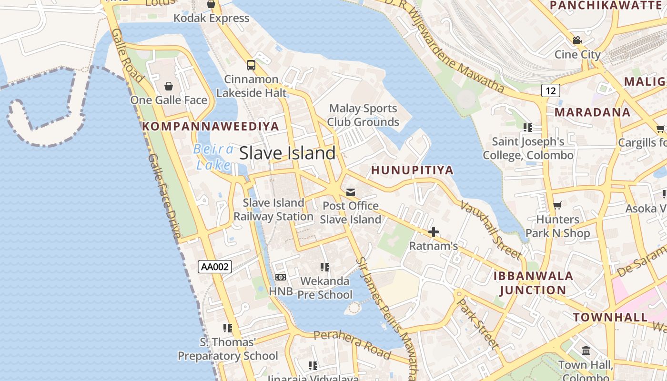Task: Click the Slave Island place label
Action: click(x=287, y=153)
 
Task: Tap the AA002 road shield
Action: click(x=215, y=267)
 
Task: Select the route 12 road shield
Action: click(x=550, y=90)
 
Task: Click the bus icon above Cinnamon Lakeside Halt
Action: click(x=251, y=65)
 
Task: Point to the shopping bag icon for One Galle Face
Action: click(x=169, y=86)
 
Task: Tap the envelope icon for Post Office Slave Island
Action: click(x=351, y=192)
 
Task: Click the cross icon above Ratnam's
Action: click(x=434, y=232)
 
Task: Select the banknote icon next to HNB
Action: click(x=281, y=277)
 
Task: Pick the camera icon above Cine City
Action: click(x=577, y=40)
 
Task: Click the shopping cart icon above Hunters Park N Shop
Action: click(x=557, y=206)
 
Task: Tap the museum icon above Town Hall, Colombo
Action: click(x=586, y=351)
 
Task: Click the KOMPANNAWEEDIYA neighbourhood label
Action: click(x=211, y=126)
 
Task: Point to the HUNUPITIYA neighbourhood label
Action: click(x=412, y=170)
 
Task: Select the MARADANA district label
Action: click(x=593, y=112)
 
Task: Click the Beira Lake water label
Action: click(x=213, y=157)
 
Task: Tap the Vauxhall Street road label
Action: click(x=491, y=230)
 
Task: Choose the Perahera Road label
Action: click(x=353, y=344)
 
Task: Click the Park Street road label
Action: click(x=477, y=323)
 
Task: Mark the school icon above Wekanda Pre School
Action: click(x=325, y=267)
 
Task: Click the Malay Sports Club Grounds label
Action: click(x=363, y=115)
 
